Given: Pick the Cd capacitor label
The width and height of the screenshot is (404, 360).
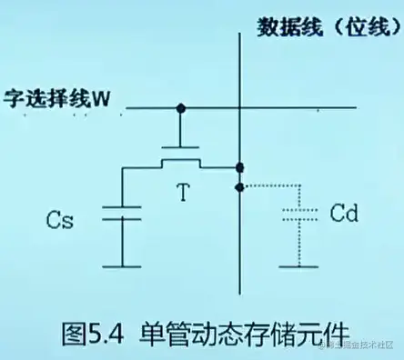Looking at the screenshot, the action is click(344, 215).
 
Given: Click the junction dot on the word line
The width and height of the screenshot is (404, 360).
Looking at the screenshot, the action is click(182, 109).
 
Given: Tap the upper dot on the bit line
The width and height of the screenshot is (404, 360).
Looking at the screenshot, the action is click(240, 167).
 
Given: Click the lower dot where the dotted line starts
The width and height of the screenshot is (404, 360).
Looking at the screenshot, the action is click(240, 186).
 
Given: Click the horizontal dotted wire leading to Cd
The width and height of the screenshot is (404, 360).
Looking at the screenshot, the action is click(268, 186).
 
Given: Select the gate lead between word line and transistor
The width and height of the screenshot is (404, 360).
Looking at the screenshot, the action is click(182, 127).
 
